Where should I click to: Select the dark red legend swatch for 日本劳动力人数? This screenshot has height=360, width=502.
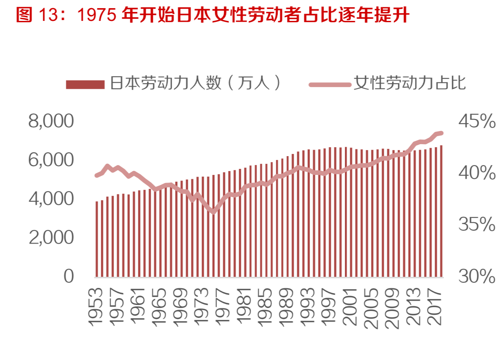click(x=85, y=84)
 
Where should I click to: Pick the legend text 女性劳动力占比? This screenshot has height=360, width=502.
click(x=409, y=83)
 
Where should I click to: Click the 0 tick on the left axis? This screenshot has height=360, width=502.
click(x=69, y=276)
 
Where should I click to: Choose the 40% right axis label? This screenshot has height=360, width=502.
click(x=477, y=173)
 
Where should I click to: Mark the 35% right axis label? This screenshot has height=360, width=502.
click(x=477, y=225)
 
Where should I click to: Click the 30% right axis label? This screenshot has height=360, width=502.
click(x=477, y=276)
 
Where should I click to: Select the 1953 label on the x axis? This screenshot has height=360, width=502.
click(x=96, y=307)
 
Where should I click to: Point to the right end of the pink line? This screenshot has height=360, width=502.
click(x=441, y=133)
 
